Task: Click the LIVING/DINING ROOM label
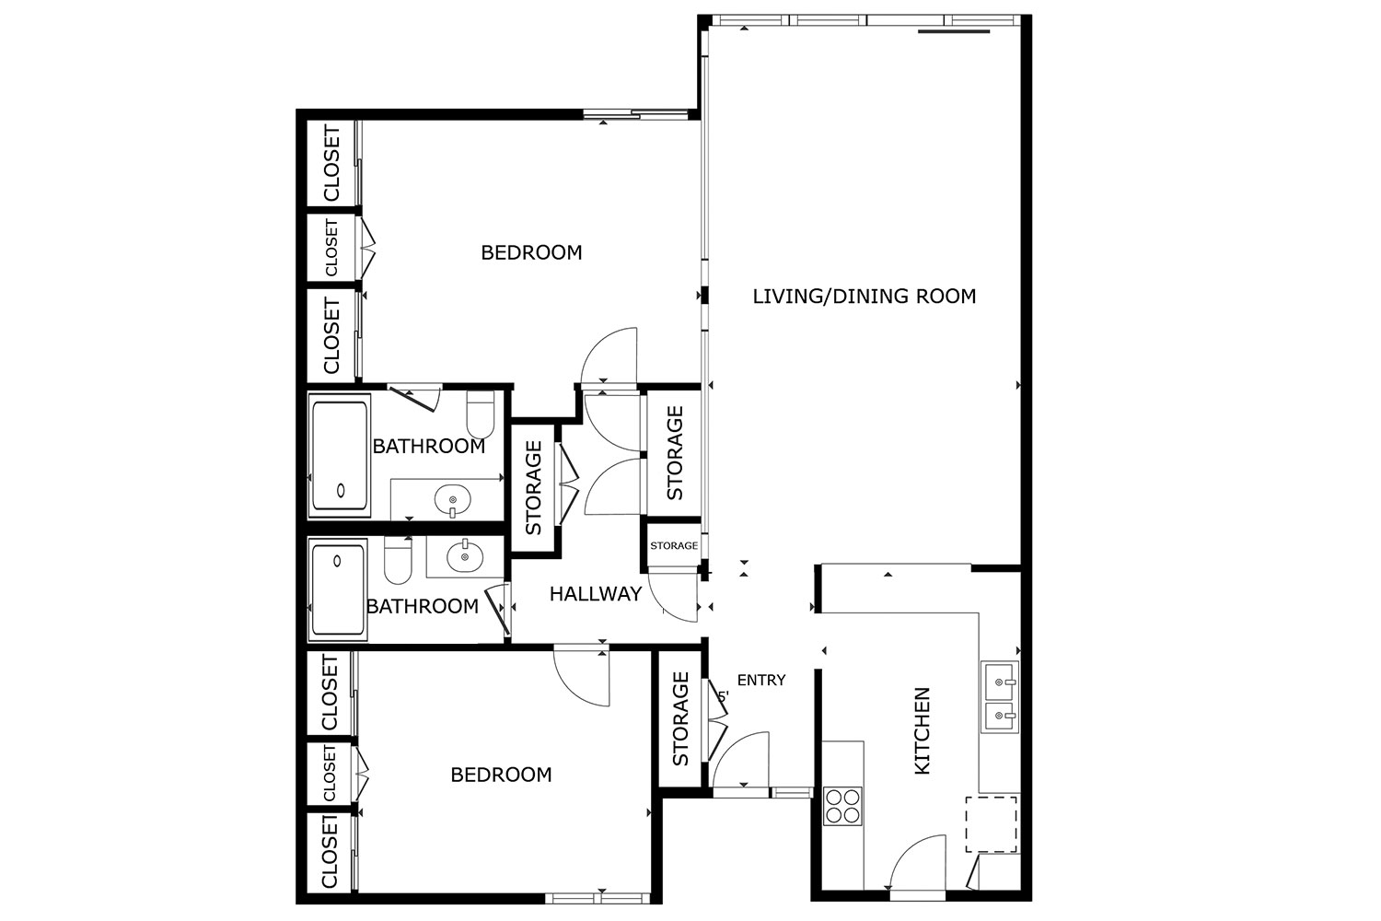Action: coord(865,297)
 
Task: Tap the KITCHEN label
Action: coord(921,731)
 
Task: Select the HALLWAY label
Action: coord(596,593)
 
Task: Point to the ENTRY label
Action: coord(761,680)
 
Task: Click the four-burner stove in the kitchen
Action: coord(842,806)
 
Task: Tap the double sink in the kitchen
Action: coord(999,697)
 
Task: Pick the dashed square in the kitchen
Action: coord(992,824)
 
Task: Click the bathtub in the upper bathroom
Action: coord(339,455)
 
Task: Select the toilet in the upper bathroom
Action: coord(481,414)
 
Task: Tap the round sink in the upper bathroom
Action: coord(453,499)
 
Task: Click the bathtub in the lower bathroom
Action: coord(338,589)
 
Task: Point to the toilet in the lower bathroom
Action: coord(398,560)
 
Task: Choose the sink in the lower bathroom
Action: coord(465,555)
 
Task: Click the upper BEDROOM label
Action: coord(531,252)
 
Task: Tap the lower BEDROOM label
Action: coord(501,775)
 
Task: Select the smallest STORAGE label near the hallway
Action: coord(674,546)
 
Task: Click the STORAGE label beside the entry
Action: coord(680,719)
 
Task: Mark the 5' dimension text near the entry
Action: coord(724,696)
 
